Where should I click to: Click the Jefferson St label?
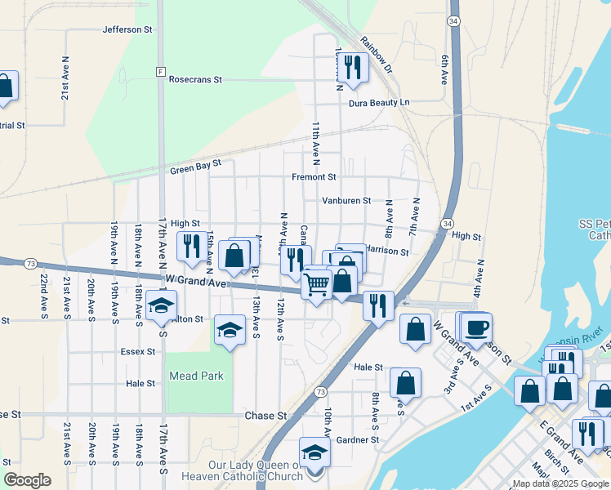point(127,29)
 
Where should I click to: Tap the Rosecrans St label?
point(195,80)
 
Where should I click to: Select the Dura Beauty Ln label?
point(378,103)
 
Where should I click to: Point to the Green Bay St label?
point(195,167)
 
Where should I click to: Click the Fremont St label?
point(314,176)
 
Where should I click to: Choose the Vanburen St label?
point(346,200)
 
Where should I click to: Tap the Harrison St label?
point(386,252)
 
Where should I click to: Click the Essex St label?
point(137,352)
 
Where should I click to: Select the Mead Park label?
point(196,376)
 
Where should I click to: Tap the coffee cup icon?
point(476,327)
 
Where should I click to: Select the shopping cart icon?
point(316,285)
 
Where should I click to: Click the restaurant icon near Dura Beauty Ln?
point(353,67)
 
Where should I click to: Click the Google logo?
point(27,480)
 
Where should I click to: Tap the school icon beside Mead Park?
point(230,331)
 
